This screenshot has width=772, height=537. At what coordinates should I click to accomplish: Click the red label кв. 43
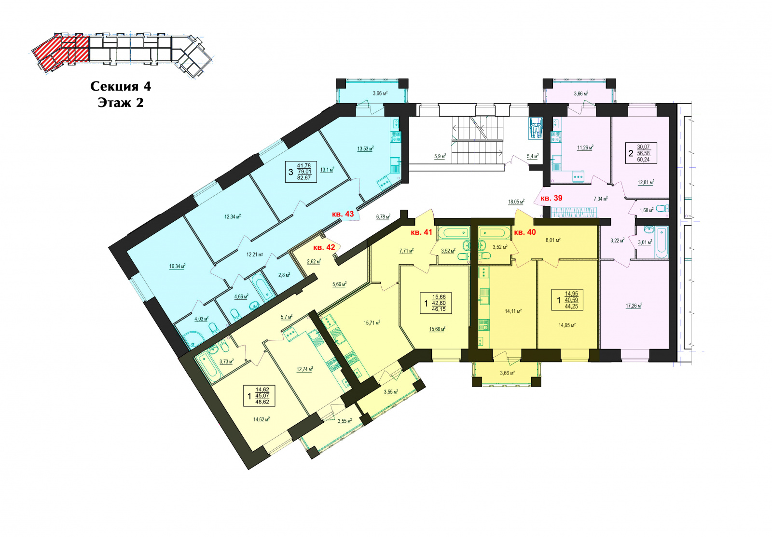(343, 214)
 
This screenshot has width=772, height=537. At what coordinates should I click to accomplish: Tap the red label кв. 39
(551, 198)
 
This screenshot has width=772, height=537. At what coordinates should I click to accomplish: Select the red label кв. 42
(324, 247)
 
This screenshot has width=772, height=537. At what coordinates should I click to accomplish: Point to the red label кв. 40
(525, 232)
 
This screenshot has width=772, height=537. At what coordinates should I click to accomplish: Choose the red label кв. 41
(421, 232)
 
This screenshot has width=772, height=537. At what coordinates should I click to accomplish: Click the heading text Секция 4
(121, 86)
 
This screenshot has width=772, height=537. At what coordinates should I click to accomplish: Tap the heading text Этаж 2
(121, 103)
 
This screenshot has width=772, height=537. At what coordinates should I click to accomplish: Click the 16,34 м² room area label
(178, 266)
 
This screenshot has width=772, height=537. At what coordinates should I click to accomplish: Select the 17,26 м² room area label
(634, 305)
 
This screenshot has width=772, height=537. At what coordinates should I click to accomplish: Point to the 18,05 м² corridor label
(516, 201)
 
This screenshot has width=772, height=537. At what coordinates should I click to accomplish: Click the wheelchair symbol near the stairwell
(535, 128)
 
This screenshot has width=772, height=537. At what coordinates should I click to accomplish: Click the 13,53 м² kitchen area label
(366, 148)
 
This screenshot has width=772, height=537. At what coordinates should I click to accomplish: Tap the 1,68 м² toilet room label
(647, 210)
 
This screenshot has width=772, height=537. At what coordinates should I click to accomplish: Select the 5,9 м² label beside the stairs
(440, 156)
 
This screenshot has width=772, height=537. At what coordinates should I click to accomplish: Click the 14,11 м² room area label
(513, 311)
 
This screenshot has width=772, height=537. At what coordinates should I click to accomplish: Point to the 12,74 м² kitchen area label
(304, 369)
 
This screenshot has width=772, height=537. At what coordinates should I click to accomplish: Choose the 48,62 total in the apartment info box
(262, 402)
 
